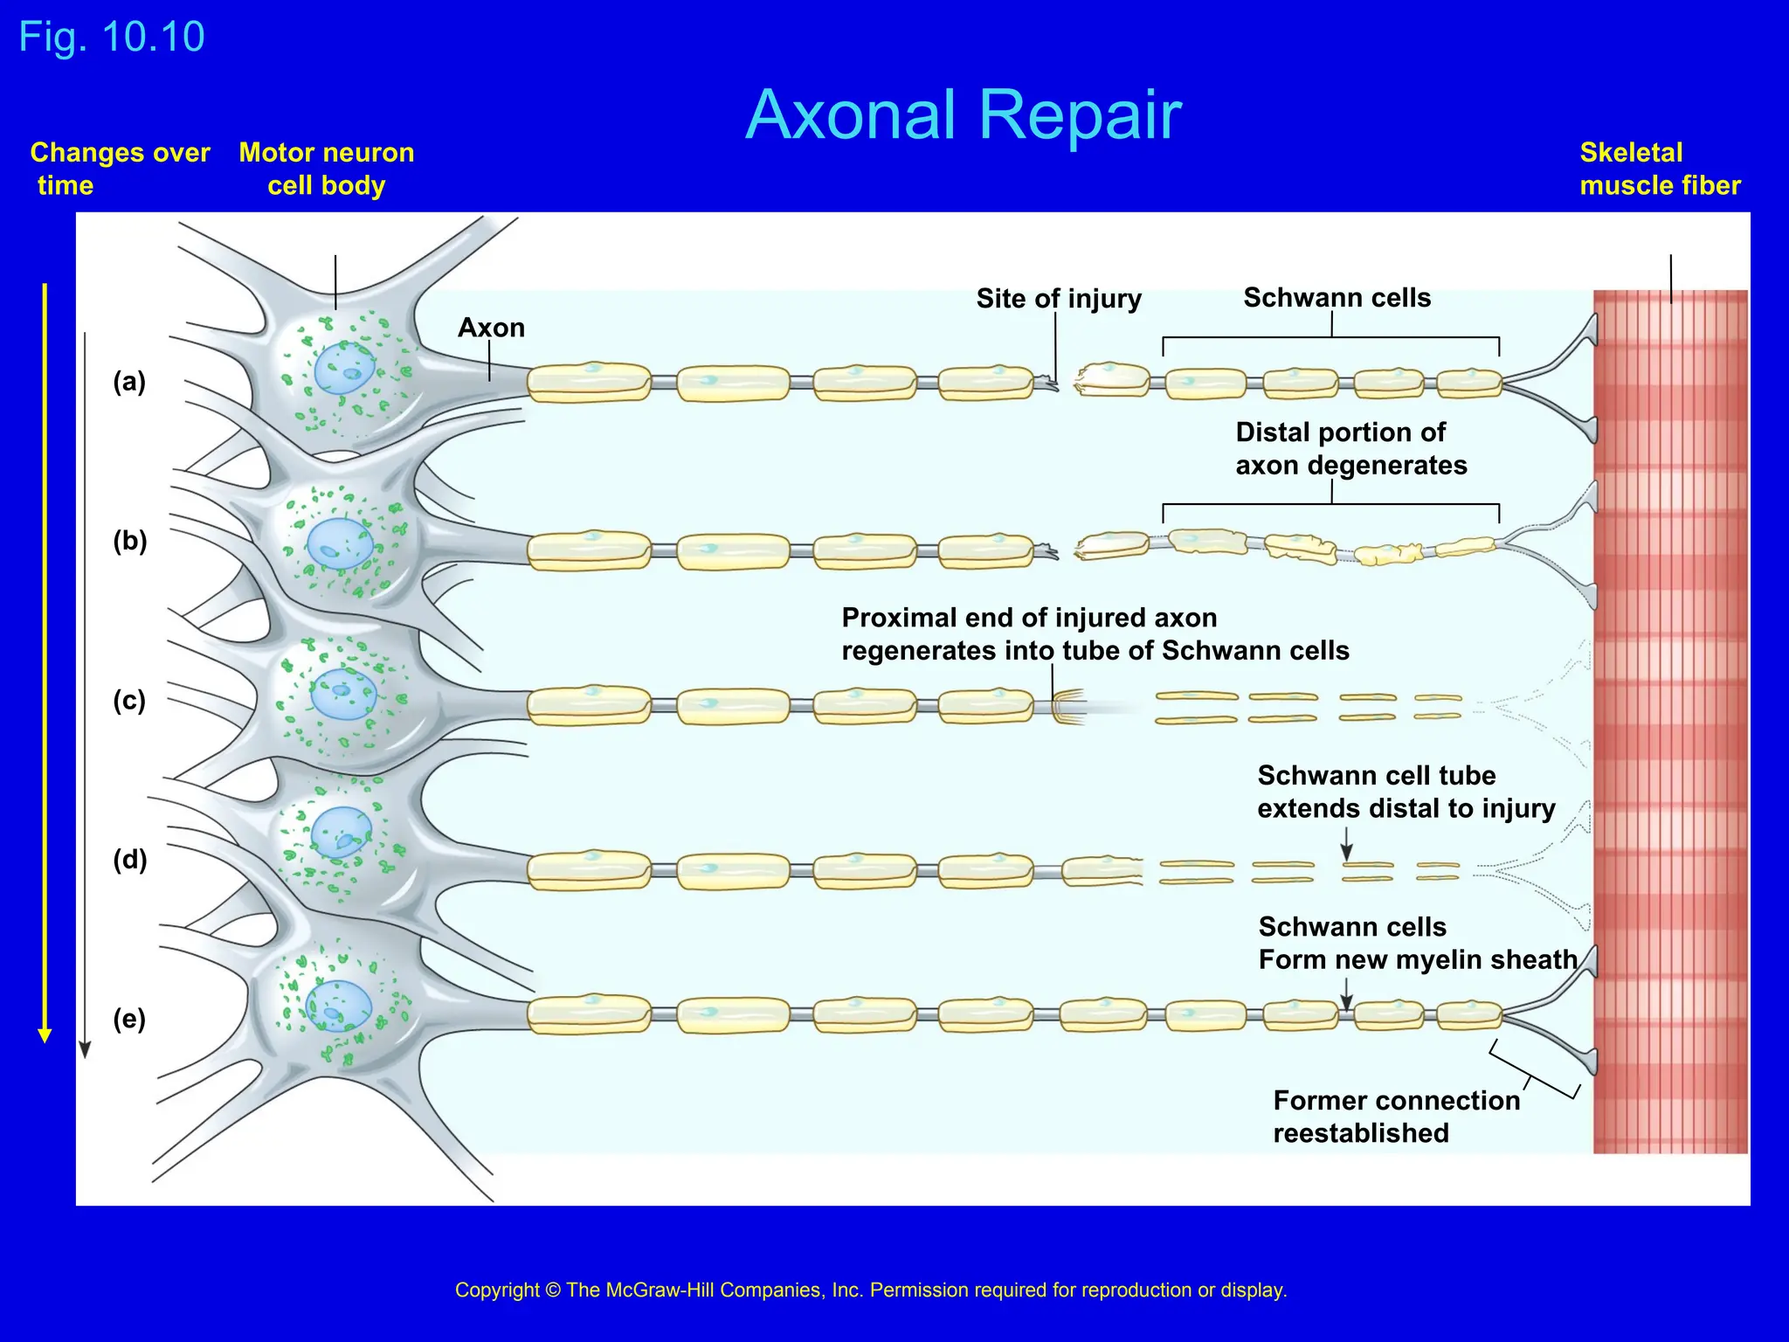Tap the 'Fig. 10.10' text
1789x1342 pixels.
pos(112,37)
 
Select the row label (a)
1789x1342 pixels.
pos(129,382)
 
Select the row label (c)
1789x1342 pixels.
pos(129,701)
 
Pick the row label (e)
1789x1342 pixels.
pos(129,1019)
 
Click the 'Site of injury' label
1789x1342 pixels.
pos(1059,299)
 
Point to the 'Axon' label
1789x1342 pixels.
pos(491,328)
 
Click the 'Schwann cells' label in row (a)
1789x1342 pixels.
pos(1337,298)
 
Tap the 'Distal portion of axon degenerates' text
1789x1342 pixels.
pos(1350,448)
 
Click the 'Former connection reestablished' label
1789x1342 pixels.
pos(1396,1116)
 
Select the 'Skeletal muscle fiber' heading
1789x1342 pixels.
pos(1659,169)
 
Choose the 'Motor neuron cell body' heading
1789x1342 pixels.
pos(327,169)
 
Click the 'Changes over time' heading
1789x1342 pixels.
pos(120,169)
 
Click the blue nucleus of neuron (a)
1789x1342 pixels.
pos(344,370)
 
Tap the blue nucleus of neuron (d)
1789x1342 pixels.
pos(342,833)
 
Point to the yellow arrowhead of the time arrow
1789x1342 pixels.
pos(45,1035)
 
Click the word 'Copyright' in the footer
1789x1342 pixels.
pos(497,1290)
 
